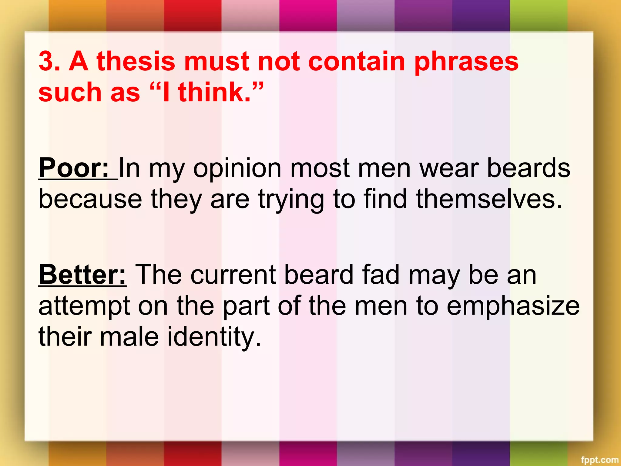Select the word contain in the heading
click(x=357, y=61)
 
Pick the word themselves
click(x=489, y=199)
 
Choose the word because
click(x=90, y=199)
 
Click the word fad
click(x=381, y=275)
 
